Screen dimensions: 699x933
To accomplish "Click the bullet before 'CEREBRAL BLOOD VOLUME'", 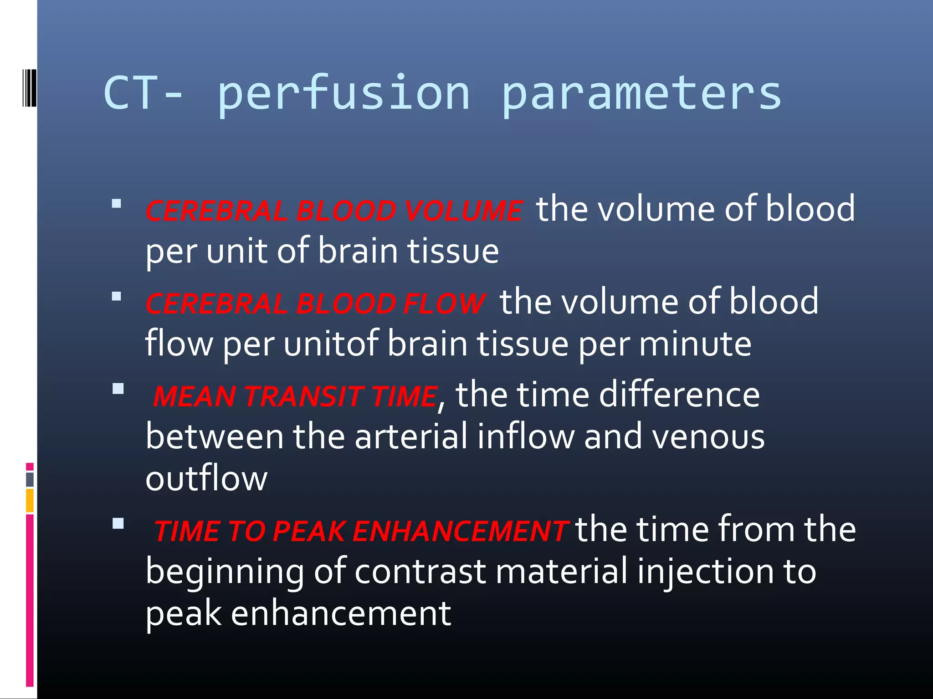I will (x=117, y=203).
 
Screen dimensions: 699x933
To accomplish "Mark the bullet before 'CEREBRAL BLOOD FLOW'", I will (x=117, y=297).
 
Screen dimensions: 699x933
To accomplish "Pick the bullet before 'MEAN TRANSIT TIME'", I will (x=118, y=389).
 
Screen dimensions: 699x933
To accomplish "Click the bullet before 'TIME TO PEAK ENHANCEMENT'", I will (x=118, y=523).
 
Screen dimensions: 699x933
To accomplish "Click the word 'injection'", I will (x=705, y=571).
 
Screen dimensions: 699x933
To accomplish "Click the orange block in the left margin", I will (x=30, y=500).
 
